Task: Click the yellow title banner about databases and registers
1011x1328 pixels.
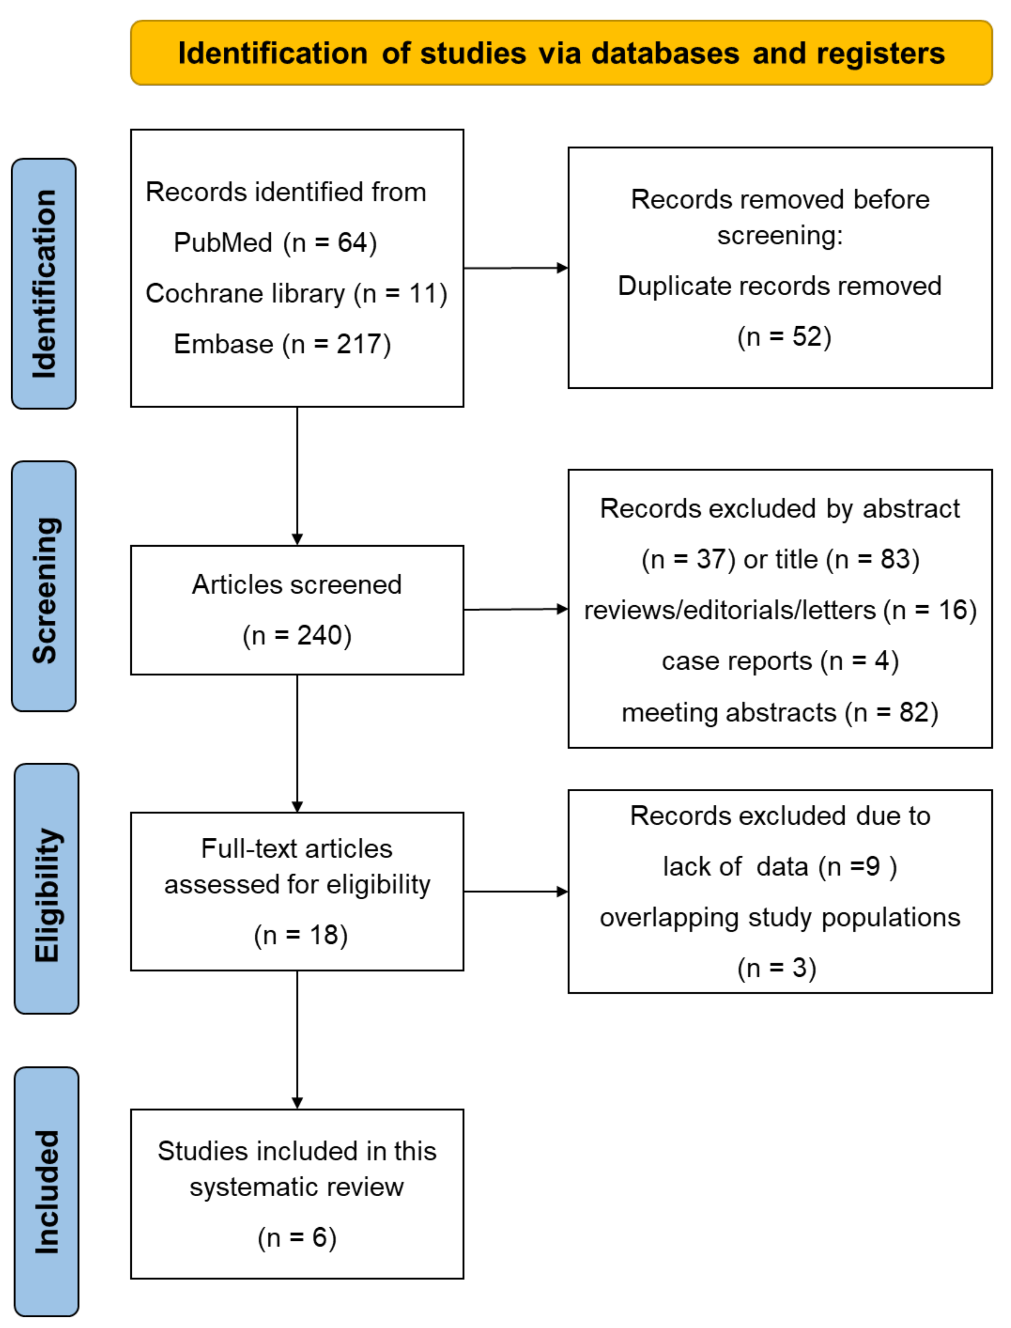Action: [x=561, y=53]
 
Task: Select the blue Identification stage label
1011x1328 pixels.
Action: [x=44, y=283]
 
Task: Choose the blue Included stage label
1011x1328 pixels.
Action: [x=46, y=1191]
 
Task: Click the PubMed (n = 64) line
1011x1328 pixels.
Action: [x=275, y=243]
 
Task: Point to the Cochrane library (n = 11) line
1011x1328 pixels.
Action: [x=296, y=294]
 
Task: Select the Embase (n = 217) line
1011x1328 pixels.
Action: [x=282, y=344]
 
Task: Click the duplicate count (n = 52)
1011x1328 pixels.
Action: [x=784, y=336]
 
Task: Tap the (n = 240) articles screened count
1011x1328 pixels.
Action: [x=297, y=636]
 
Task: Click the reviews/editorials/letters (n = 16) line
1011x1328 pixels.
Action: [x=780, y=611]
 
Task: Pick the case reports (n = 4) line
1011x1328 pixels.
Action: [x=780, y=661]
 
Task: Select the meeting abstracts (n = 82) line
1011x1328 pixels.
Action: [x=780, y=713]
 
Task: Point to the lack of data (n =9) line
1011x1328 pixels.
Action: [x=780, y=867]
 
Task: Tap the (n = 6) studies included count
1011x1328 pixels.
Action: [x=297, y=1238]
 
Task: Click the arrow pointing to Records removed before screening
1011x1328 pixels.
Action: [x=516, y=268]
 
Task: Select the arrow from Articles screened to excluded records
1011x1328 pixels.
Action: [x=516, y=609]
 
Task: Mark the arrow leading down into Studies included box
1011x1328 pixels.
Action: [x=297, y=1041]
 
